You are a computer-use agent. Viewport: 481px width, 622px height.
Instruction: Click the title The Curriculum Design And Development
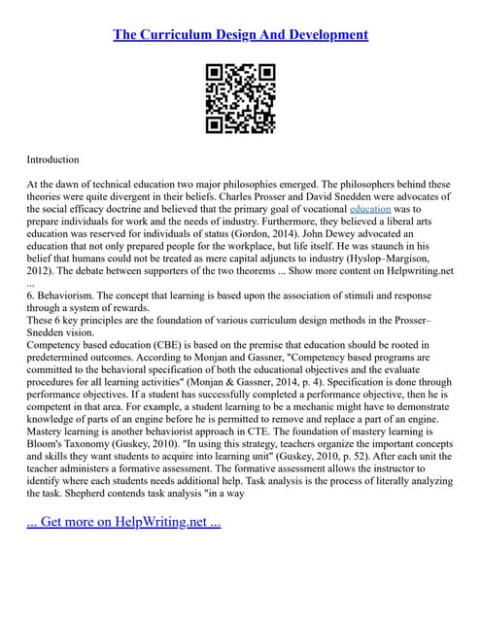pos(240,35)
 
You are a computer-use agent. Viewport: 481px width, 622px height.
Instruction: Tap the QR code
pos(240,98)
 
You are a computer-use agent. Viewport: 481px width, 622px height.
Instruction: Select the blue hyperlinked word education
pos(370,209)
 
